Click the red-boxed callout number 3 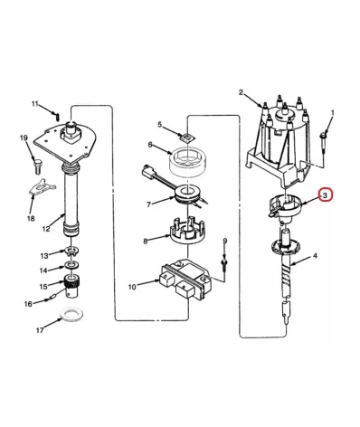pyautogui.click(x=325, y=195)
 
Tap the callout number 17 pyautogui.click(x=40, y=330)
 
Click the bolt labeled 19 pyautogui.click(x=37, y=166)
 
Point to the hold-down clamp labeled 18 pyautogui.click(x=42, y=187)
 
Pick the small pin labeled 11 pyautogui.click(x=57, y=115)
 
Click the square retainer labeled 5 pyautogui.click(x=187, y=137)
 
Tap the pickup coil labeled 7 pyautogui.click(x=188, y=196)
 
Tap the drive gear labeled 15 pyautogui.click(x=72, y=285)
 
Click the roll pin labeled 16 pyautogui.click(x=51, y=298)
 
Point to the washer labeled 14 pyautogui.click(x=72, y=265)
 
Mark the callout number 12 pyautogui.click(x=46, y=229)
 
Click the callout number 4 pyautogui.click(x=315, y=256)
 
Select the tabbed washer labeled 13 pyautogui.click(x=71, y=251)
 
